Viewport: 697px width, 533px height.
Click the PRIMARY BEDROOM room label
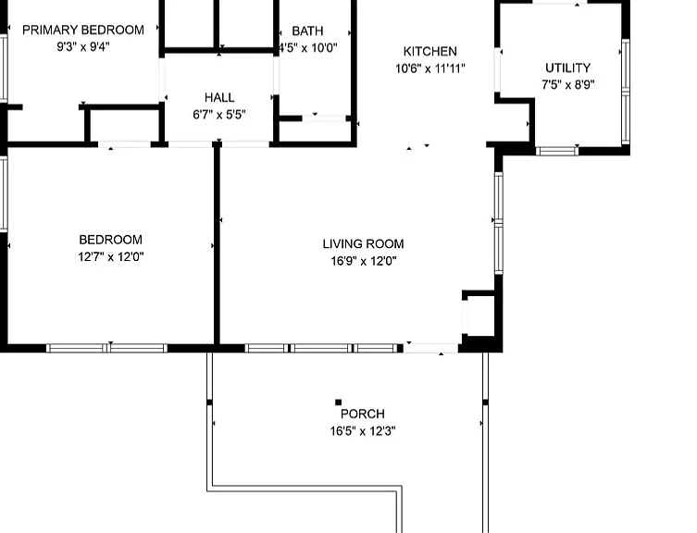pyautogui.click(x=83, y=30)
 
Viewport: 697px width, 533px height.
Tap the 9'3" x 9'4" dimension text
pyautogui.click(x=83, y=46)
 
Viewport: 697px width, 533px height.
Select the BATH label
pyautogui.click(x=307, y=31)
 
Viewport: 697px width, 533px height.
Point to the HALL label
pyautogui.click(x=219, y=97)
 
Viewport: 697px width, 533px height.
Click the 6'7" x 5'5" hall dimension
pyautogui.click(x=219, y=115)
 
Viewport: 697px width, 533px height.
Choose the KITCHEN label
pyautogui.click(x=429, y=52)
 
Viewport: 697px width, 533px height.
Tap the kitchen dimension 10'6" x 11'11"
pyautogui.click(x=429, y=68)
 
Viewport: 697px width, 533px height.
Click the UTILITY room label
pyautogui.click(x=568, y=68)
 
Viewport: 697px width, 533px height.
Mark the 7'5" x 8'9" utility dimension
pyautogui.click(x=568, y=84)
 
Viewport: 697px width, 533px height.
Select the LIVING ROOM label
pyautogui.click(x=363, y=243)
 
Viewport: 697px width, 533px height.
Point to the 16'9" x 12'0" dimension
pyautogui.click(x=363, y=261)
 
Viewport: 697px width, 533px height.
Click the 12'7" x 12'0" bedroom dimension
pyautogui.click(x=111, y=257)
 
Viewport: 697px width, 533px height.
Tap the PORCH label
pyautogui.click(x=363, y=414)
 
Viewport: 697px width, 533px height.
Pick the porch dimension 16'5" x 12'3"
pyautogui.click(x=363, y=431)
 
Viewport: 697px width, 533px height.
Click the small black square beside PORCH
pyautogui.click(x=338, y=403)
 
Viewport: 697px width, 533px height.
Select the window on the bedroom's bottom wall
pyautogui.click(x=106, y=348)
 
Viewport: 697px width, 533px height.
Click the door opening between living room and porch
pyautogui.click(x=430, y=348)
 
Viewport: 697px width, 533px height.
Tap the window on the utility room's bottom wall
pyautogui.click(x=557, y=151)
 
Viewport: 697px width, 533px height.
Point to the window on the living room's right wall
pyautogui.click(x=499, y=223)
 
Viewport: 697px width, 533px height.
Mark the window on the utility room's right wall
pyautogui.click(x=626, y=92)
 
